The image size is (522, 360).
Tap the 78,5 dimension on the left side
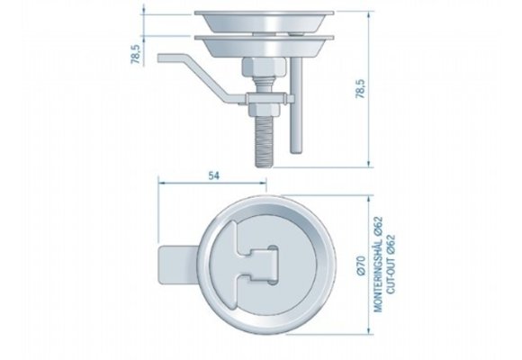point(133,55)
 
